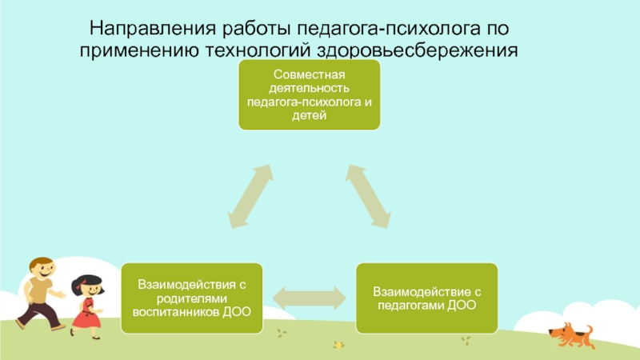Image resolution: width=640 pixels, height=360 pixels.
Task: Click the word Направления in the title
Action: (x=137, y=30)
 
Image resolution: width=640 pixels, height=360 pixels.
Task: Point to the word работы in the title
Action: (x=253, y=30)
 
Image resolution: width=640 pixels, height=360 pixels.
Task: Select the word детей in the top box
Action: (x=310, y=116)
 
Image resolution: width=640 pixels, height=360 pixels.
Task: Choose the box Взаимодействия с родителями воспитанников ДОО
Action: (x=190, y=297)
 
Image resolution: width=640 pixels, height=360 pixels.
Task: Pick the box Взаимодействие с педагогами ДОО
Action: (x=429, y=297)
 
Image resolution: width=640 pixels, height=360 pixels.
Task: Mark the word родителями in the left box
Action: (x=190, y=297)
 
